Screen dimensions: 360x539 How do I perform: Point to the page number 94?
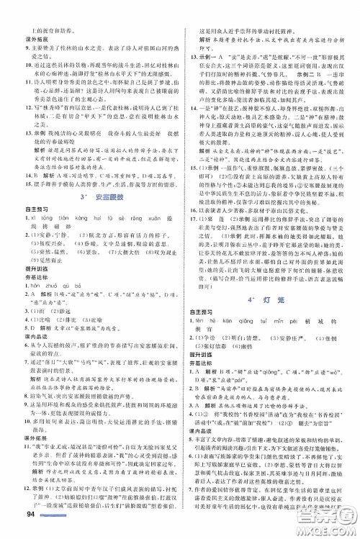tap(13, 530)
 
